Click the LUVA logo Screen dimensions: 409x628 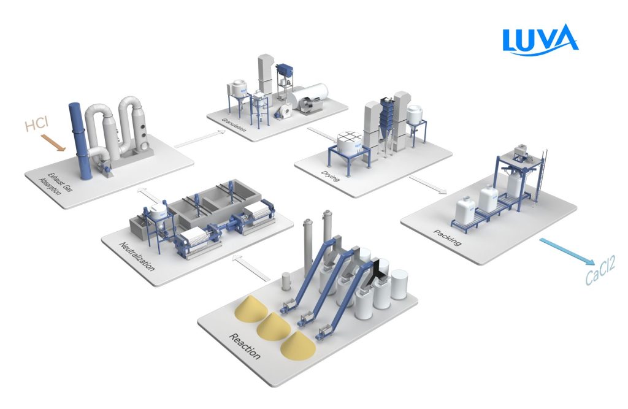(x=539, y=40)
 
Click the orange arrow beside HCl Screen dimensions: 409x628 (x=55, y=142)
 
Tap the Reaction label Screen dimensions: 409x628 (x=245, y=346)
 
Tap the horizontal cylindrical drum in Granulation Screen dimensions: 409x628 (x=311, y=99)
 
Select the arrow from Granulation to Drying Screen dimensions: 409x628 (x=318, y=134)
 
